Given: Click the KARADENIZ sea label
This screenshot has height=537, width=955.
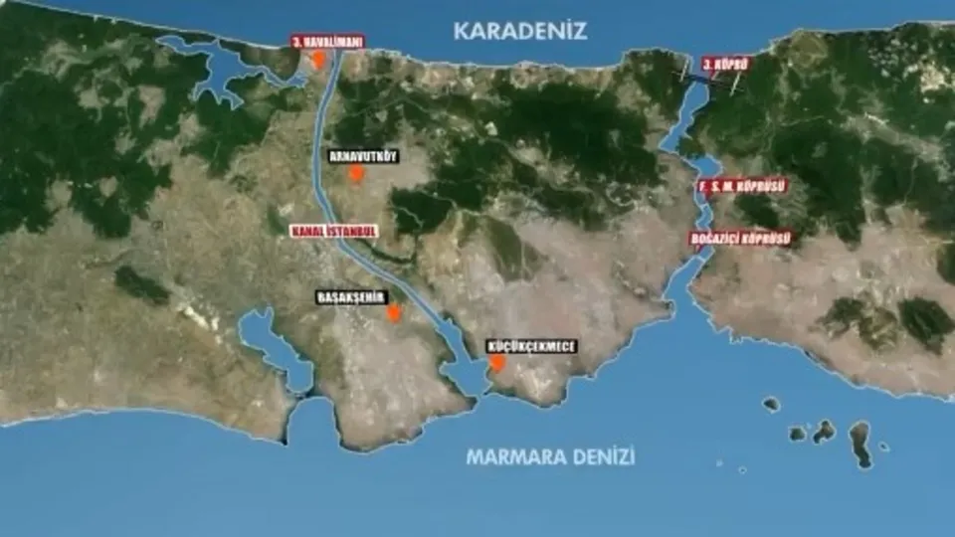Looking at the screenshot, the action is click(x=520, y=30).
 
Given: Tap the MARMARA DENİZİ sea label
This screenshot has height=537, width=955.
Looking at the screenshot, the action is click(x=550, y=457).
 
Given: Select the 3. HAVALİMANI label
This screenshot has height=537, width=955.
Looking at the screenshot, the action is click(x=328, y=42).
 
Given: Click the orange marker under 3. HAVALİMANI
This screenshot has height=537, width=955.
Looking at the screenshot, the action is click(x=319, y=60).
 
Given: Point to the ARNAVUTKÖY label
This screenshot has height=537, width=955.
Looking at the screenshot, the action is click(x=363, y=156).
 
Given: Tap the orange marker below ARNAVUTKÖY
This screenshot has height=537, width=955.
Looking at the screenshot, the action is click(x=356, y=175).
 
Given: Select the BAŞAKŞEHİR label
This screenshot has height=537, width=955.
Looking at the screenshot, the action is click(x=349, y=296).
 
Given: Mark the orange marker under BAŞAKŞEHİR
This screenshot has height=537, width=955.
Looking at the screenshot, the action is click(x=394, y=313).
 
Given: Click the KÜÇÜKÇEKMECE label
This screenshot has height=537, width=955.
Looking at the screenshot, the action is click(x=531, y=346).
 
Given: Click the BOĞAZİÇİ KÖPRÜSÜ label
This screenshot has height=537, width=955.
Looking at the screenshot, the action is click(x=741, y=239).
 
